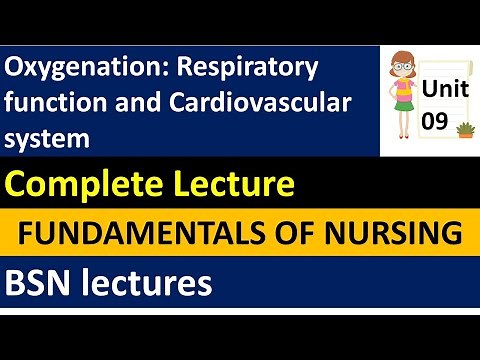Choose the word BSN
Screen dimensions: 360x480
pyautogui.click(x=36, y=284)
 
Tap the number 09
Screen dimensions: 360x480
pyautogui.click(x=438, y=120)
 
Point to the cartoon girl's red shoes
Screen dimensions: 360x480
pyautogui.click(x=406, y=146)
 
